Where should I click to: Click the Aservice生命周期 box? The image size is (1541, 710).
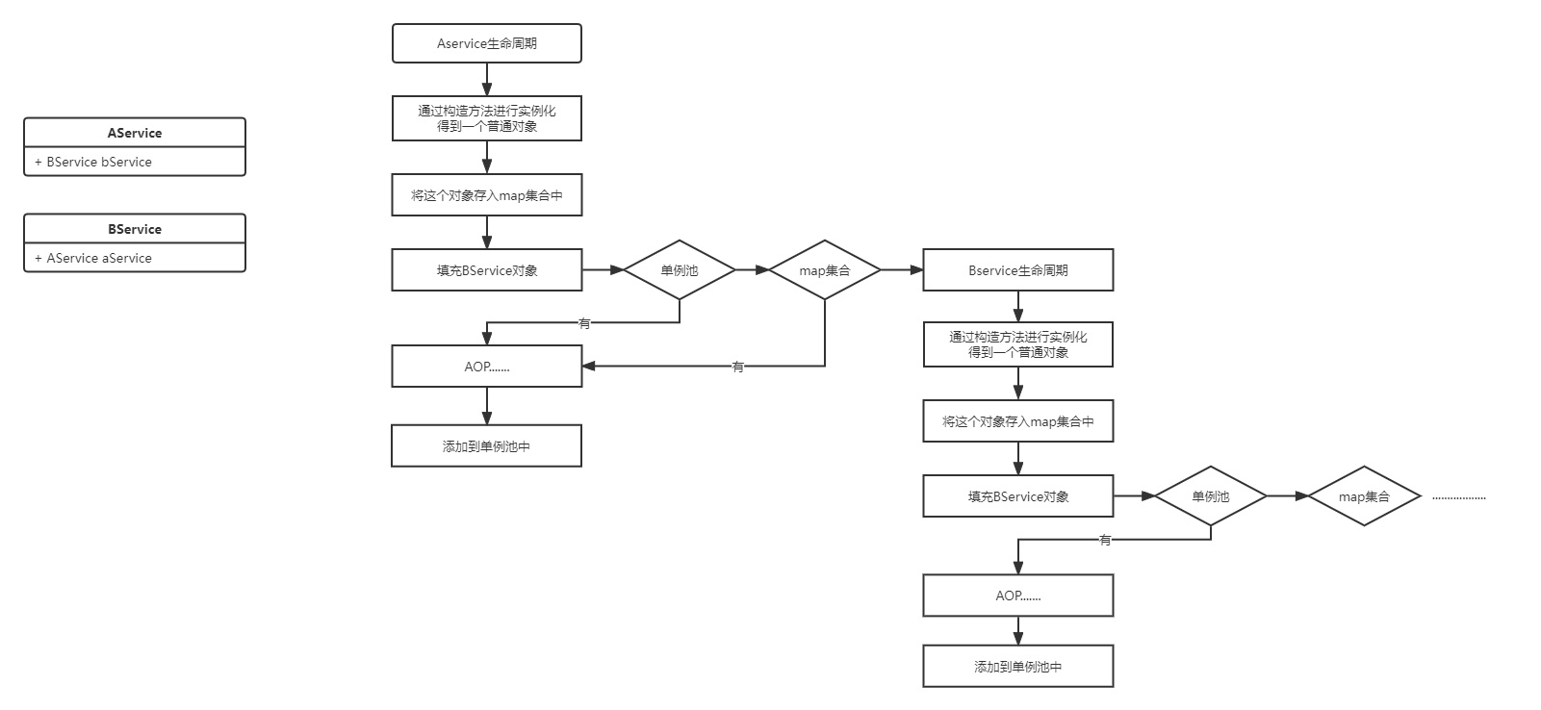point(487,43)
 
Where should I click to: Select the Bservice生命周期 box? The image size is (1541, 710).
point(1017,270)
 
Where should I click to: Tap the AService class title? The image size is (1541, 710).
point(135,133)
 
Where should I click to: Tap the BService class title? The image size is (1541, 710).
point(135,229)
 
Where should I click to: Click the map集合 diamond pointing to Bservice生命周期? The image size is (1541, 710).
point(825,270)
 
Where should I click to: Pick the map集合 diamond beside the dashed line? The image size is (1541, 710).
point(1364,496)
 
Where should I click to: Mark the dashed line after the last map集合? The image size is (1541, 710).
point(1459,498)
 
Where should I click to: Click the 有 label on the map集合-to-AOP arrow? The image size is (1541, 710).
point(738,366)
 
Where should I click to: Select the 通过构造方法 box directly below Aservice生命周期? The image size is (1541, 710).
point(487,118)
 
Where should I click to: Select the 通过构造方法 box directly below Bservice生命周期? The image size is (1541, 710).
point(1017,344)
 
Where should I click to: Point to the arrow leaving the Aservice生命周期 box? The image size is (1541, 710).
point(487,79)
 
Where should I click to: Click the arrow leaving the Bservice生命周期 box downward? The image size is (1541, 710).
point(1017,306)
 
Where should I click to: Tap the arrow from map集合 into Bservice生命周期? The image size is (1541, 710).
point(902,270)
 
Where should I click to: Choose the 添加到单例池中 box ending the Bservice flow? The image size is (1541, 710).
point(1017,666)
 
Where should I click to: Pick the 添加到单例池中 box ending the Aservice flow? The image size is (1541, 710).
point(487,446)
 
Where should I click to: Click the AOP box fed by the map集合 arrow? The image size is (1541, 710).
point(487,367)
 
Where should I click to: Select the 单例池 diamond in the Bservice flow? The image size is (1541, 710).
point(1210,496)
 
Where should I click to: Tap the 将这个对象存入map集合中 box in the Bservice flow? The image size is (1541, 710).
point(1017,421)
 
